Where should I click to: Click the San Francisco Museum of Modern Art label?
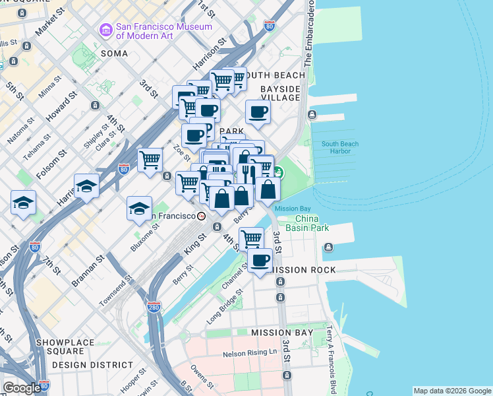coord(163,31)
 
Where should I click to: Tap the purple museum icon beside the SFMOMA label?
coord(105,30)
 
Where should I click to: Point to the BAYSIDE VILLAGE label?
coord(280,93)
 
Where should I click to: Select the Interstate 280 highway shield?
coord(154,308)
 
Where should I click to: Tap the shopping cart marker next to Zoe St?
coord(150,159)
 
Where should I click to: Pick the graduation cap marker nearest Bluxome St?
coord(139,209)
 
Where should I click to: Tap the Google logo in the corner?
coord(21,388)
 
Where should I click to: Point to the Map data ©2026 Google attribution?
coord(451,391)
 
